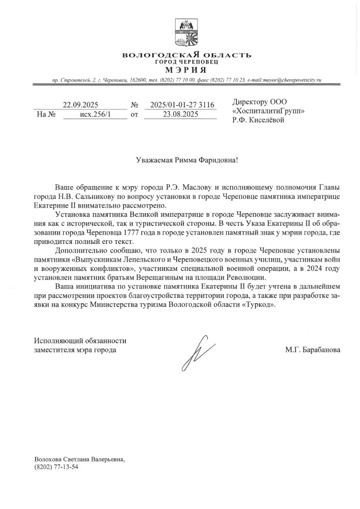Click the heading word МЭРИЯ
(x=186, y=69)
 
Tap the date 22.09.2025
(x=80, y=105)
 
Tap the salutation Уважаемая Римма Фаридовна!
(x=187, y=160)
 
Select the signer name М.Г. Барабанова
(x=313, y=350)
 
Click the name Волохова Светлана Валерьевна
(x=79, y=459)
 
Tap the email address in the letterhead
(x=284, y=80)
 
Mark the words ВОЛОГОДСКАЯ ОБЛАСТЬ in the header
(x=187, y=54)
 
